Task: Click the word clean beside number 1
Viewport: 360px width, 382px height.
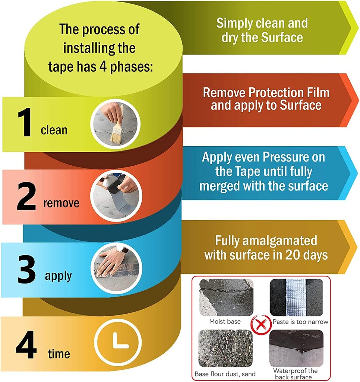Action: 54,130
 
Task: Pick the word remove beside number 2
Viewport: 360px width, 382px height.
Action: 61,203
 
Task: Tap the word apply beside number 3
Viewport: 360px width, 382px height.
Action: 58,276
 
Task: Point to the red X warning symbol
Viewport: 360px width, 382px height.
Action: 260,323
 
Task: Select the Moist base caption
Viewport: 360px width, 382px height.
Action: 225,322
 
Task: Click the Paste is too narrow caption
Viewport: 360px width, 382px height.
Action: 300,322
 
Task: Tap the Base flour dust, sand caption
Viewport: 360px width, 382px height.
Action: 225,373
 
